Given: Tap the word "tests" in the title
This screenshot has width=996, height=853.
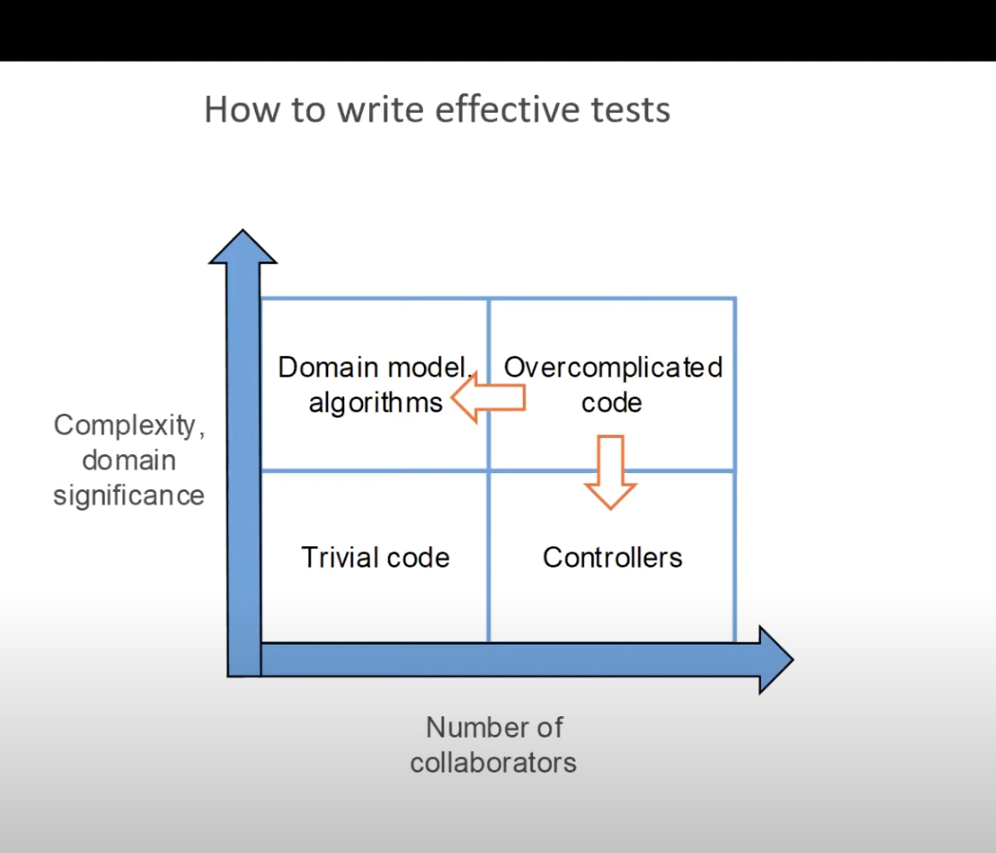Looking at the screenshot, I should [629, 109].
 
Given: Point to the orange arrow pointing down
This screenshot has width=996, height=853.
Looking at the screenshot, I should [611, 472].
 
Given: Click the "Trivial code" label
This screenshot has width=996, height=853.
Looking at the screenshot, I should [376, 558].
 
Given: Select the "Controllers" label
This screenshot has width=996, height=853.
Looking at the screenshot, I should [612, 558].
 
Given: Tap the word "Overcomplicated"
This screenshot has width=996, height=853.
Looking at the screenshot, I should [613, 367].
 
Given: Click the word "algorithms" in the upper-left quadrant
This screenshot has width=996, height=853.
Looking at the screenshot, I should [376, 402].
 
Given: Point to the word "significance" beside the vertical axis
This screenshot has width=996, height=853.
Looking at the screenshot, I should [129, 495].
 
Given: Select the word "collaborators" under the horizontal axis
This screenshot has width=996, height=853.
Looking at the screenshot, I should [494, 763].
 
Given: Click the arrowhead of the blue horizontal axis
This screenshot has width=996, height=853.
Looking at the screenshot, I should [774, 660].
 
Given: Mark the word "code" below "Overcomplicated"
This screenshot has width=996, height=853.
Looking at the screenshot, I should [612, 402].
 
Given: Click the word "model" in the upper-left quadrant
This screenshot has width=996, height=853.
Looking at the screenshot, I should [424, 367].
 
